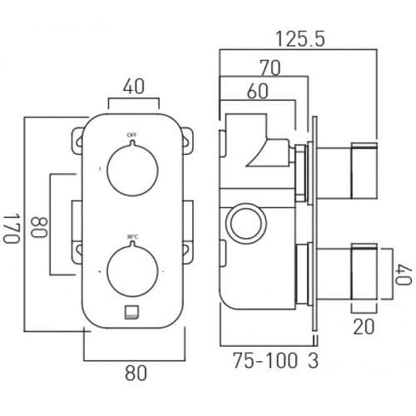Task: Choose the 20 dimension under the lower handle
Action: tap(363, 328)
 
